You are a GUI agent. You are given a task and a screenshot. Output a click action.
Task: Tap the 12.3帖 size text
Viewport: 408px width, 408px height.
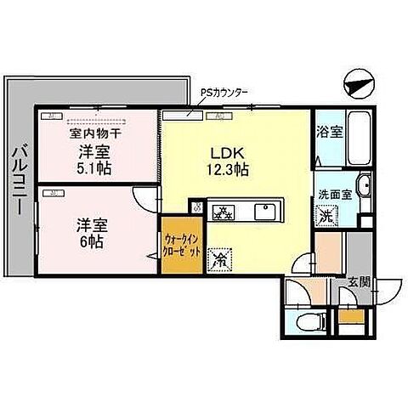pos(229,170)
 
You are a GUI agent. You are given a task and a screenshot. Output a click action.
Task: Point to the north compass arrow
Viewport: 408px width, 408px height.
pos(360,81)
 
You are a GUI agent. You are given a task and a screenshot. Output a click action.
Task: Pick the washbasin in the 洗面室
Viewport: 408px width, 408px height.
pos(363,186)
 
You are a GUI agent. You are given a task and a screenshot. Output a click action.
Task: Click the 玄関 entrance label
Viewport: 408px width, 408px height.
pos(358,283)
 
